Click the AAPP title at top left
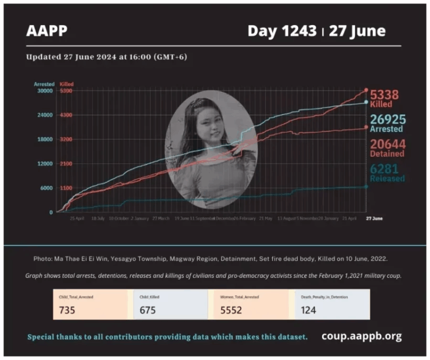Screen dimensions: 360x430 (x=46, y=31)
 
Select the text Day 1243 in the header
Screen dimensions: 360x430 (x=282, y=31)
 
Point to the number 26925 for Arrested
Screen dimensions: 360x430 (x=387, y=119)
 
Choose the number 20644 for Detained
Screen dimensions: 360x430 (x=387, y=144)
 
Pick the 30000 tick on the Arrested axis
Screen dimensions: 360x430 (x=45, y=90)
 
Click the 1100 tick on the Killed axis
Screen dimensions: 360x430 (x=66, y=188)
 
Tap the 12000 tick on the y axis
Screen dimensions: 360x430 (x=45, y=163)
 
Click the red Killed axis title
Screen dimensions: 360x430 (x=66, y=84)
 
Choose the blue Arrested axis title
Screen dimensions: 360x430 (x=44, y=84)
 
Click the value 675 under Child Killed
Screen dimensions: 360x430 (x=148, y=310)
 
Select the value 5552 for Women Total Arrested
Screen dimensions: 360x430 (x=232, y=310)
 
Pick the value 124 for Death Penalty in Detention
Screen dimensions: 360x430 (x=307, y=310)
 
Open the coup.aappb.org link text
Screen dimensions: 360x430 (x=361, y=336)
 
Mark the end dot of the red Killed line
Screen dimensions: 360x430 (x=366, y=90)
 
